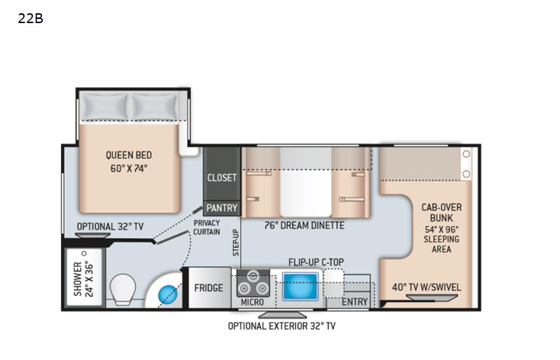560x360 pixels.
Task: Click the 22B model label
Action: pos(31,18)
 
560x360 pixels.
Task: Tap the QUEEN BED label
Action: pos(129,155)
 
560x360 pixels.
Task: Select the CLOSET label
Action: pos(222,178)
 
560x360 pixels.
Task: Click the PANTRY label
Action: pos(222,208)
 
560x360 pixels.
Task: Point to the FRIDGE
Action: pos(209,288)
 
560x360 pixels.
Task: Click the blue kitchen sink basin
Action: pos(300,286)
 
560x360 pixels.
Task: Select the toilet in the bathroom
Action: pos(123,289)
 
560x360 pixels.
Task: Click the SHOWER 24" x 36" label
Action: pos(83,279)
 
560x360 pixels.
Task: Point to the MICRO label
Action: pos(252,302)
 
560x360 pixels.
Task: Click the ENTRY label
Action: pos(355,302)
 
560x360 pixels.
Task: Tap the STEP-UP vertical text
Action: pos(236,243)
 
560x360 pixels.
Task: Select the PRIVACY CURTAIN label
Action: pos(206,228)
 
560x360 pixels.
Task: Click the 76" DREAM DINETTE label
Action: pos(304,226)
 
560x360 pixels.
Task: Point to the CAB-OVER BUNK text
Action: pos(442,212)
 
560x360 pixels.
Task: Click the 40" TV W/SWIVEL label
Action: pos(426,287)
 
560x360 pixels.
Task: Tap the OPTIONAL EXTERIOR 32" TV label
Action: pos(282,326)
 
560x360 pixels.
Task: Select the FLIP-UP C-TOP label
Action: pos(316,263)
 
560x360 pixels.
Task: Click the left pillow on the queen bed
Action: pos(106,107)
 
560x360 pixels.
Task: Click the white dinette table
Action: pos(306,182)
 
